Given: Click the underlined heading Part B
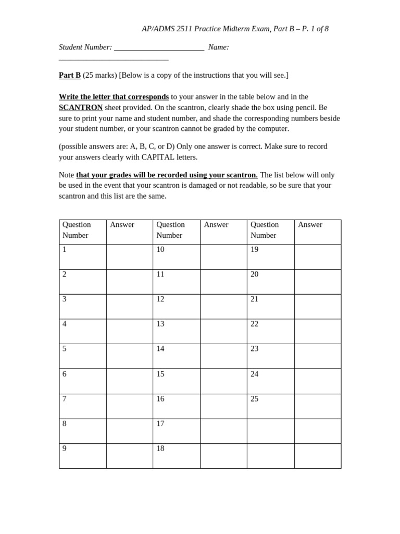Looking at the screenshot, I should (x=70, y=75).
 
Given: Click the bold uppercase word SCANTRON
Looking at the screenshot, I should (x=81, y=107).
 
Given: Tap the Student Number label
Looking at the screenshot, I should (x=85, y=47).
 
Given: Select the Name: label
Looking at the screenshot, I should (x=218, y=47).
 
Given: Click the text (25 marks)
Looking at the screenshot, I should (x=99, y=75).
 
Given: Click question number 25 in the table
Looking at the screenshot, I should (x=255, y=399).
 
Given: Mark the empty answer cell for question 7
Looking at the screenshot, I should (x=129, y=406).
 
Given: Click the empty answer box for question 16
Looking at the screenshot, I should (x=223, y=406).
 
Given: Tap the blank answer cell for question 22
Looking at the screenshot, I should (x=318, y=331).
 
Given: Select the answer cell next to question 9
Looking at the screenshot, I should (x=129, y=456).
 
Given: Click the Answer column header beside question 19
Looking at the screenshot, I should (x=310, y=225).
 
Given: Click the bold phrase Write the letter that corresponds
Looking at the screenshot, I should (x=114, y=96).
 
